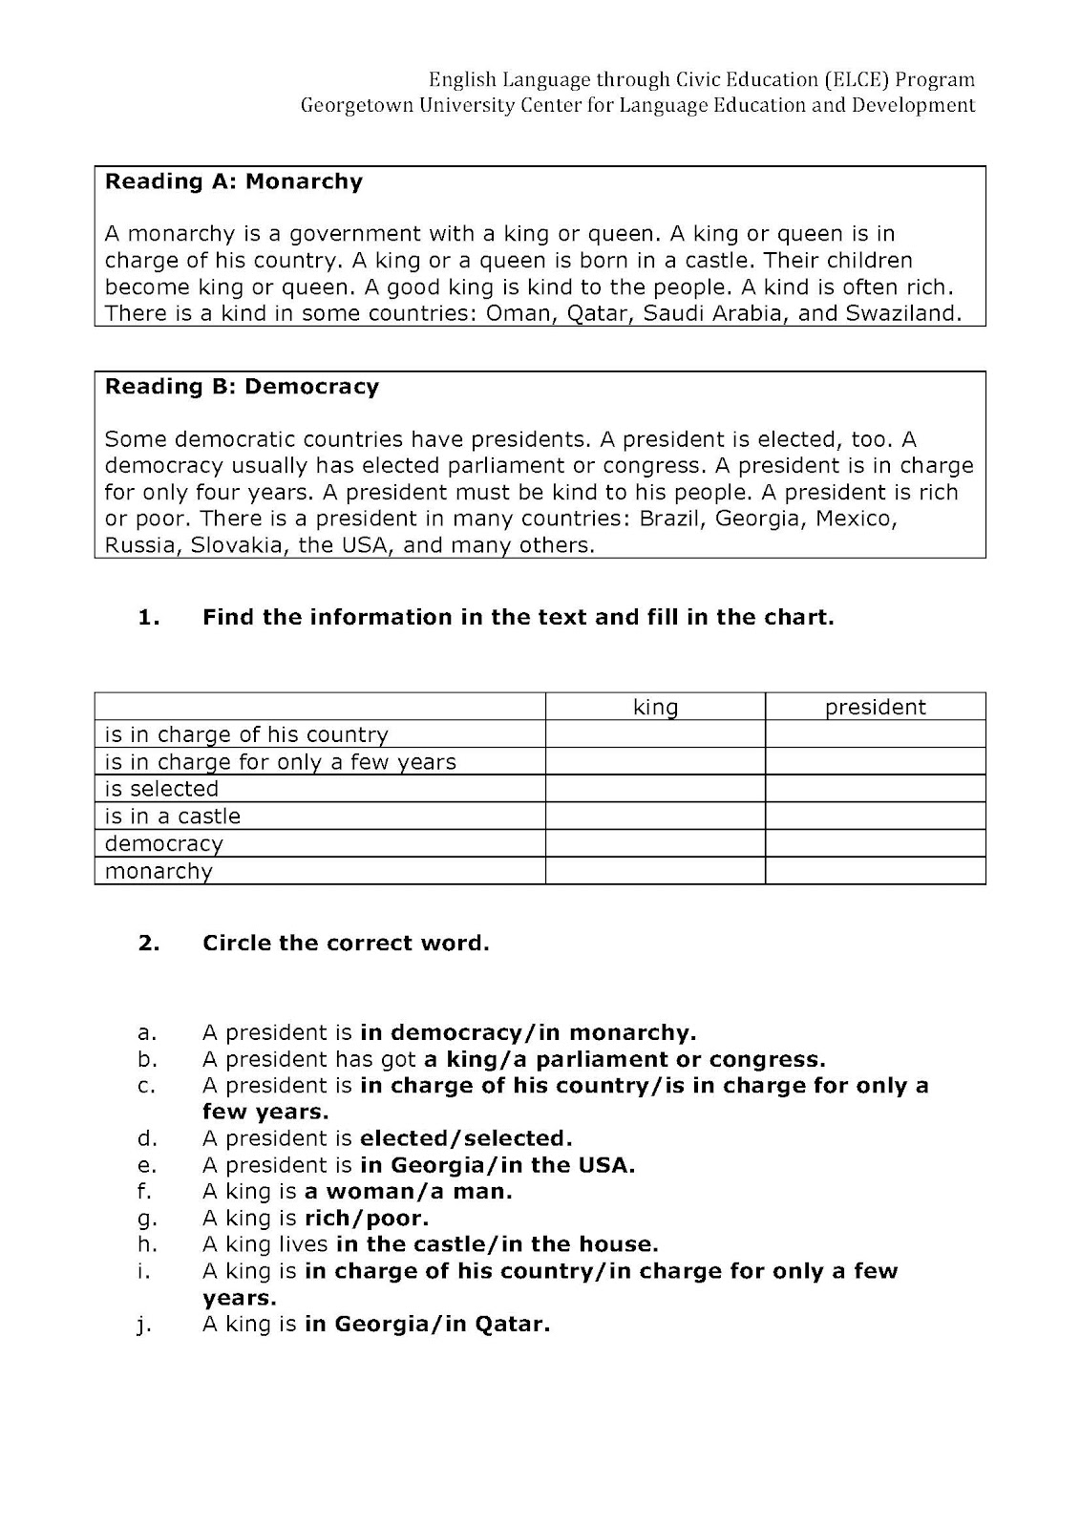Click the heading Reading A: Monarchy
(234, 181)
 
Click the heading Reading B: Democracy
(242, 387)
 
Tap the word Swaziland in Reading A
(903, 313)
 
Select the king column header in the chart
(655, 707)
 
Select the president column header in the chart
(875, 707)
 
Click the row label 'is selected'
(161, 789)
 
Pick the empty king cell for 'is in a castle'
(655, 817)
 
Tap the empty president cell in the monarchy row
(875, 871)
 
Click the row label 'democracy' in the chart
(163, 844)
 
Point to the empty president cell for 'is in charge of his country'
(875, 734)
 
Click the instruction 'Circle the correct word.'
(346, 944)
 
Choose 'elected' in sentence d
(404, 1138)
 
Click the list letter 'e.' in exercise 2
(146, 1165)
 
